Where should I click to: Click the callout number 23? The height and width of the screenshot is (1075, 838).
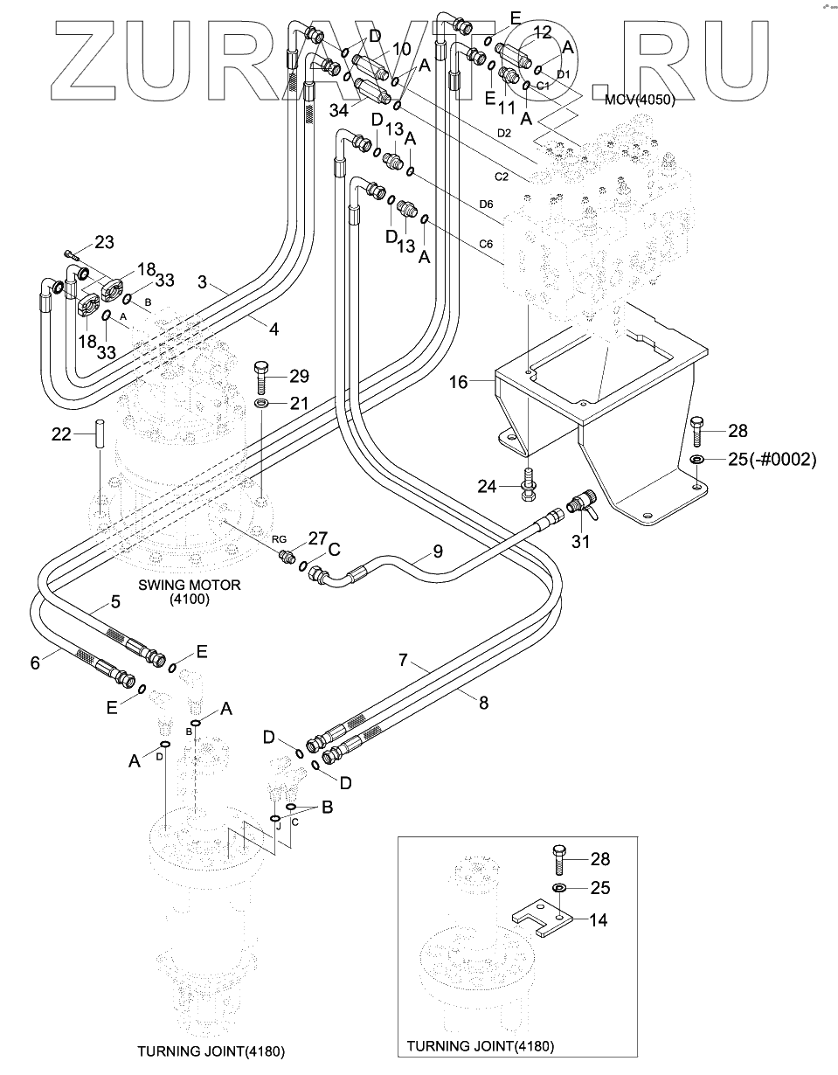(x=104, y=241)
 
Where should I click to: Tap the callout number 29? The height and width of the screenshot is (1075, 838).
(x=299, y=376)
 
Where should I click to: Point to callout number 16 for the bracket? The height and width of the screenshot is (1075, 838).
(x=461, y=381)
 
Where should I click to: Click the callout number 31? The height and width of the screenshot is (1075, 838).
(x=580, y=542)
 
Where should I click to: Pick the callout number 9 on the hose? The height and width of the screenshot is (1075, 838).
(x=438, y=551)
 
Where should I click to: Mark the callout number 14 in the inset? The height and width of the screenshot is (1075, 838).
(x=599, y=919)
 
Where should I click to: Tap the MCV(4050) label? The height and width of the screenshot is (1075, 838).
(x=641, y=101)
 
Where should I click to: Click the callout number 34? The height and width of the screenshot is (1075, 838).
(x=339, y=109)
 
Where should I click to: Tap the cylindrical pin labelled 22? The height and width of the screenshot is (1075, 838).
(x=100, y=435)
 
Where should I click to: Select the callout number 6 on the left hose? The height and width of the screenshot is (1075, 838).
(x=35, y=662)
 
